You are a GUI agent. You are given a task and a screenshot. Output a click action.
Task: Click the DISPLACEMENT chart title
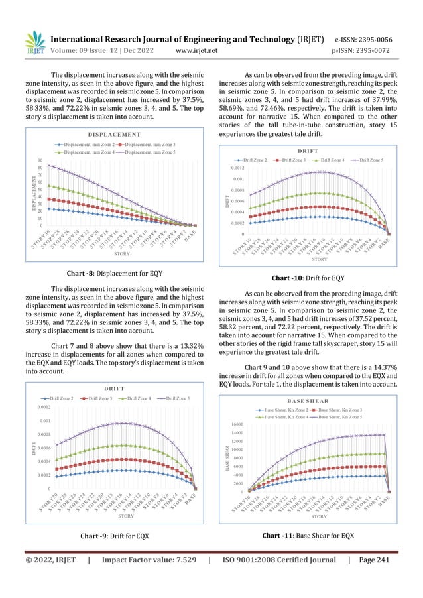coord(119,135)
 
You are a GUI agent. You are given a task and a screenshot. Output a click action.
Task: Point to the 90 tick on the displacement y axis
coord(40,161)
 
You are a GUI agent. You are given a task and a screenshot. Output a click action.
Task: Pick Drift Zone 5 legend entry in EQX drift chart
coord(174,398)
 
